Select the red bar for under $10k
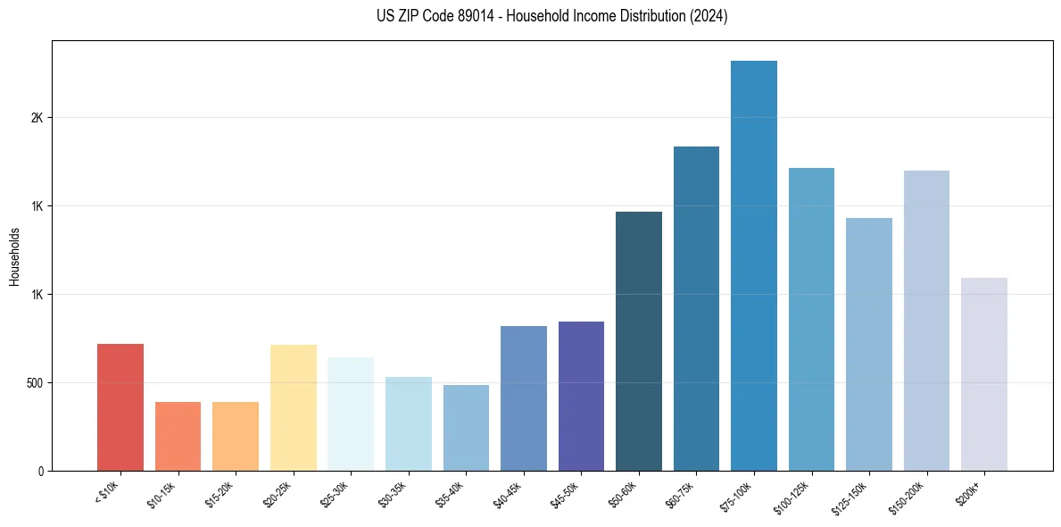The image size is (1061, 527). [x=120, y=407]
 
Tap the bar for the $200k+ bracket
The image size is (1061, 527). [x=983, y=374]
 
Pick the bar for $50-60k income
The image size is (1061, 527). [x=639, y=341]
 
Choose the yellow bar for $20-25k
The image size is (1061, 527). [x=294, y=407]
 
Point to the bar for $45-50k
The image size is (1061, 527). [x=581, y=396]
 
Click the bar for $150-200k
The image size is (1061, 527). [x=926, y=321]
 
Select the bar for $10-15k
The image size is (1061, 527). [x=178, y=436]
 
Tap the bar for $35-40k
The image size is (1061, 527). [x=466, y=428]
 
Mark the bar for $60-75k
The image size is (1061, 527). [x=696, y=308]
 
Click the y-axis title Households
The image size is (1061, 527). [x=14, y=256]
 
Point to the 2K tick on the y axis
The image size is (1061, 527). [x=37, y=118]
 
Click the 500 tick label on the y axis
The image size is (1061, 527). [x=33, y=382]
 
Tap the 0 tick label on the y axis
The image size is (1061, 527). [x=41, y=471]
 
